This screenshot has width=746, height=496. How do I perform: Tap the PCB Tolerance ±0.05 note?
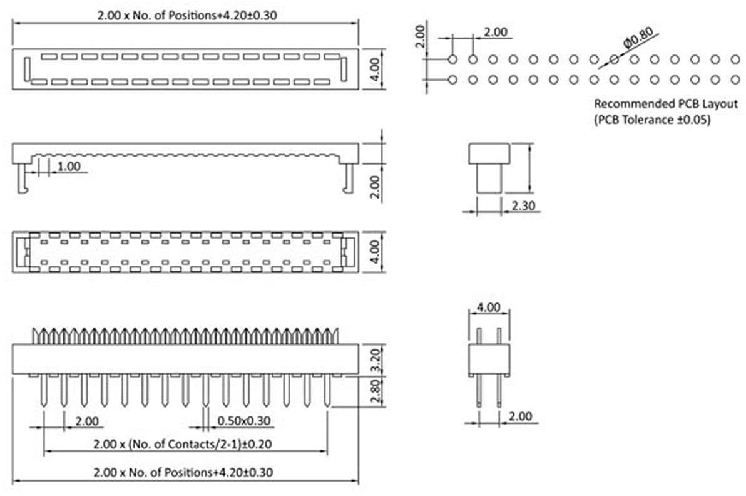pos(651,121)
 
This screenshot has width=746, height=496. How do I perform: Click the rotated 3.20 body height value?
pos(374,359)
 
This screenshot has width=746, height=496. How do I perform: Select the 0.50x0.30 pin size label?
pos(243,421)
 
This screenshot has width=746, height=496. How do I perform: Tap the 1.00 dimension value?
pos(68,166)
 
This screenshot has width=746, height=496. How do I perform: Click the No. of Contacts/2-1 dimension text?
pos(185,444)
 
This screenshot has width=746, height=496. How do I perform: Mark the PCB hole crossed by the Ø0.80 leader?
pos(614,59)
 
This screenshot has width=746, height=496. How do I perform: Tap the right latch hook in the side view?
pos(348,178)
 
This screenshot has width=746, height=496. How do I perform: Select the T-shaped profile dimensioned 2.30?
pos(489,167)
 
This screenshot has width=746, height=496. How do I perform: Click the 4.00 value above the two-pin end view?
pos(489,307)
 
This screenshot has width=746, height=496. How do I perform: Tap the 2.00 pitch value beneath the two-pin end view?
pos(520,416)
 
